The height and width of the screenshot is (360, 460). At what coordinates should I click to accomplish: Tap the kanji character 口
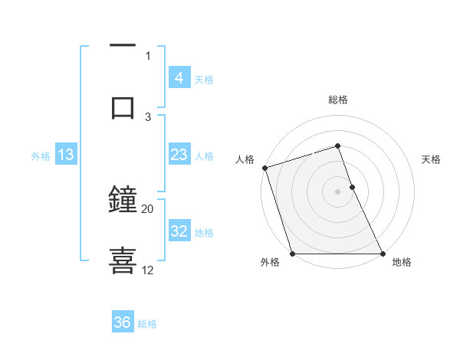(x=123, y=106)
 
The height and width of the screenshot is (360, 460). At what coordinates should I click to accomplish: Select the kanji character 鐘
(x=123, y=200)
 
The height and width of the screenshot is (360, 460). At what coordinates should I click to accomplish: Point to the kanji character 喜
(x=123, y=260)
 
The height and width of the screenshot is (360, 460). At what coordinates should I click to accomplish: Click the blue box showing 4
(x=179, y=77)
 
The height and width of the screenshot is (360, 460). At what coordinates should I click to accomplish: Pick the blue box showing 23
(x=179, y=155)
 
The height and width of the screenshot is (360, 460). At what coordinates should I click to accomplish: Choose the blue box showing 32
(x=179, y=231)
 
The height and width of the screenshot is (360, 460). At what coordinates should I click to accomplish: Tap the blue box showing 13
(x=66, y=155)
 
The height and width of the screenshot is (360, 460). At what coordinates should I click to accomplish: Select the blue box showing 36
(x=123, y=322)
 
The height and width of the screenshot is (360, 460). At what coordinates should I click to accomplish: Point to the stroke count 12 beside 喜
(x=148, y=270)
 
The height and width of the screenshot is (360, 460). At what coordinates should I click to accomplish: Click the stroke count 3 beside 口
(x=149, y=116)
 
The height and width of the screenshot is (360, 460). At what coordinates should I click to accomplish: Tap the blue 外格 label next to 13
(x=41, y=155)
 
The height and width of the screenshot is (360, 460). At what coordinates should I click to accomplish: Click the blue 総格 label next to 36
(x=147, y=324)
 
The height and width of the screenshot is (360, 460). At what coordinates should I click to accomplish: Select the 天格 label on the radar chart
(x=432, y=159)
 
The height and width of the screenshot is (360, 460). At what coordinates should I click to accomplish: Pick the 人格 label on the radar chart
(x=245, y=159)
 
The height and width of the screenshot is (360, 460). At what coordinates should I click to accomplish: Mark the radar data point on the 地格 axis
(x=382, y=254)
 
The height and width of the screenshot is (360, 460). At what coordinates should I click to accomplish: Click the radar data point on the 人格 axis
(x=264, y=168)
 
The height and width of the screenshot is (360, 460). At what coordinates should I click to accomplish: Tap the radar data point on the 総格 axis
(x=337, y=146)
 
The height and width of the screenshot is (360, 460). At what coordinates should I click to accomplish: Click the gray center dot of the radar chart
(x=337, y=191)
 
